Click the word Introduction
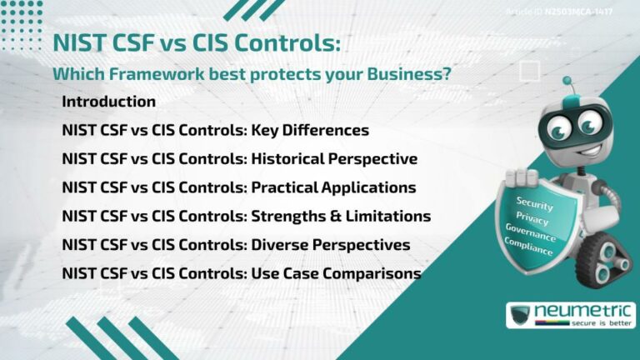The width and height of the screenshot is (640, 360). (x=108, y=102)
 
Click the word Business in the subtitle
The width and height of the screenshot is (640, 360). (x=417, y=74)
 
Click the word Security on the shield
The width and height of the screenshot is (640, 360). (x=534, y=202)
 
